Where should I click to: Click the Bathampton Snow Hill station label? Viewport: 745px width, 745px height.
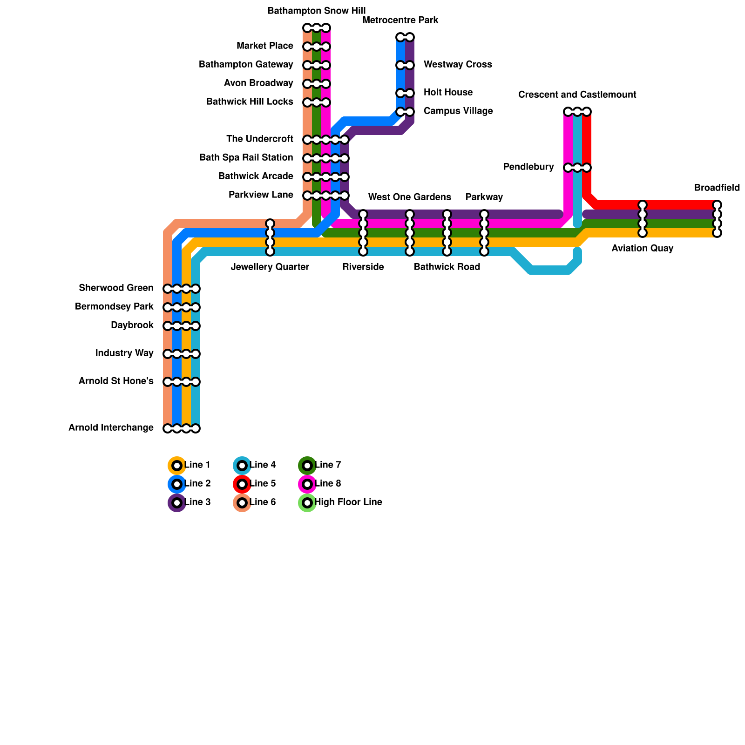[x=316, y=11]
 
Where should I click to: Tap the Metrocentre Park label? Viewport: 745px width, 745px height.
[x=400, y=20]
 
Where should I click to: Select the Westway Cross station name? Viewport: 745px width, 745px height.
[x=458, y=64]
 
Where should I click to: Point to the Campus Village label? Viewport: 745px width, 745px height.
[x=458, y=111]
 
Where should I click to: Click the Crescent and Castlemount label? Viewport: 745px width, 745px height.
[x=577, y=95]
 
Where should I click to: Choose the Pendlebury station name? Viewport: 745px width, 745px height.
[x=528, y=167]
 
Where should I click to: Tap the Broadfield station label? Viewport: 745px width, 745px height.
[x=717, y=188]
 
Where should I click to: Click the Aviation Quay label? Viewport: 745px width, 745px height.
[x=642, y=248]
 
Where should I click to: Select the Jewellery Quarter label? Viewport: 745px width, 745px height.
[x=270, y=267]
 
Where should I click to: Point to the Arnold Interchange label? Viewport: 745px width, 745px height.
[x=111, y=427]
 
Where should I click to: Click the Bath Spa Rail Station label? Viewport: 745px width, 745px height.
[x=246, y=157]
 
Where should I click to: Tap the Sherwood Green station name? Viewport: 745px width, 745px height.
[x=116, y=288]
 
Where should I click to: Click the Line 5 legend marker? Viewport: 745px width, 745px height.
[x=242, y=484]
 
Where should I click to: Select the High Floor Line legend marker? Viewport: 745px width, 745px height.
[x=307, y=503]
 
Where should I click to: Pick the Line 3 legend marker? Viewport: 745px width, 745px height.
[x=177, y=503]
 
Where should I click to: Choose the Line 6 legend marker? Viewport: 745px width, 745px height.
[x=242, y=503]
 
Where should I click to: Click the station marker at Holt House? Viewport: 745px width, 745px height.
[x=405, y=93]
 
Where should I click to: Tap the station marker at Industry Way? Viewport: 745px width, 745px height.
[x=182, y=354]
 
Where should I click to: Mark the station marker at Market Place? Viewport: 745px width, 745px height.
[x=317, y=47]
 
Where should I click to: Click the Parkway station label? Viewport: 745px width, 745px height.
[x=484, y=197]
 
